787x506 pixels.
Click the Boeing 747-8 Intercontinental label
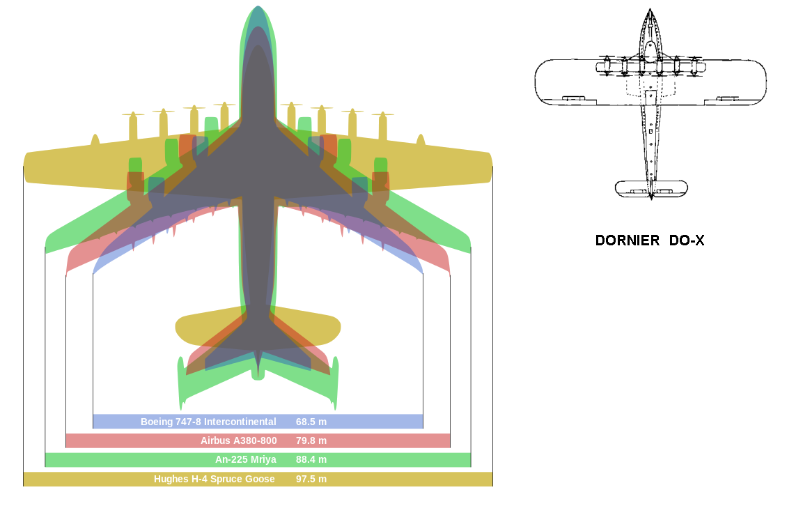click(x=208, y=422)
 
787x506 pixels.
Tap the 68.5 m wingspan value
click(x=311, y=422)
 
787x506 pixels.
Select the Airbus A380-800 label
click(x=238, y=440)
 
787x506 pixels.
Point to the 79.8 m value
click(x=311, y=440)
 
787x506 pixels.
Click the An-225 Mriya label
click(x=246, y=459)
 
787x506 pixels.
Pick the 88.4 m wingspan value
click(x=311, y=459)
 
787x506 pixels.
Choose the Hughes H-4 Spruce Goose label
click(x=214, y=479)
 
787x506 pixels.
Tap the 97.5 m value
click(x=311, y=479)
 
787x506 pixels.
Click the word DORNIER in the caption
click(x=628, y=241)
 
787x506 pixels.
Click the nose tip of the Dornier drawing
click(x=650, y=10)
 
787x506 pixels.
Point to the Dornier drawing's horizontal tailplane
click(x=651, y=188)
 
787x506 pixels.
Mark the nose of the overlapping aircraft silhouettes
click(x=258, y=8)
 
